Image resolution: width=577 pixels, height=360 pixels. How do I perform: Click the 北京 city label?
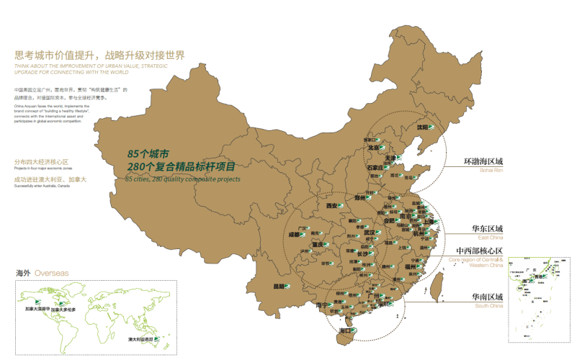(373, 148)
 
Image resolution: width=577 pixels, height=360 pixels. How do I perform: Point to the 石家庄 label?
(375, 167)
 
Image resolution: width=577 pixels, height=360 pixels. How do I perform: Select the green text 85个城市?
(148, 154)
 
